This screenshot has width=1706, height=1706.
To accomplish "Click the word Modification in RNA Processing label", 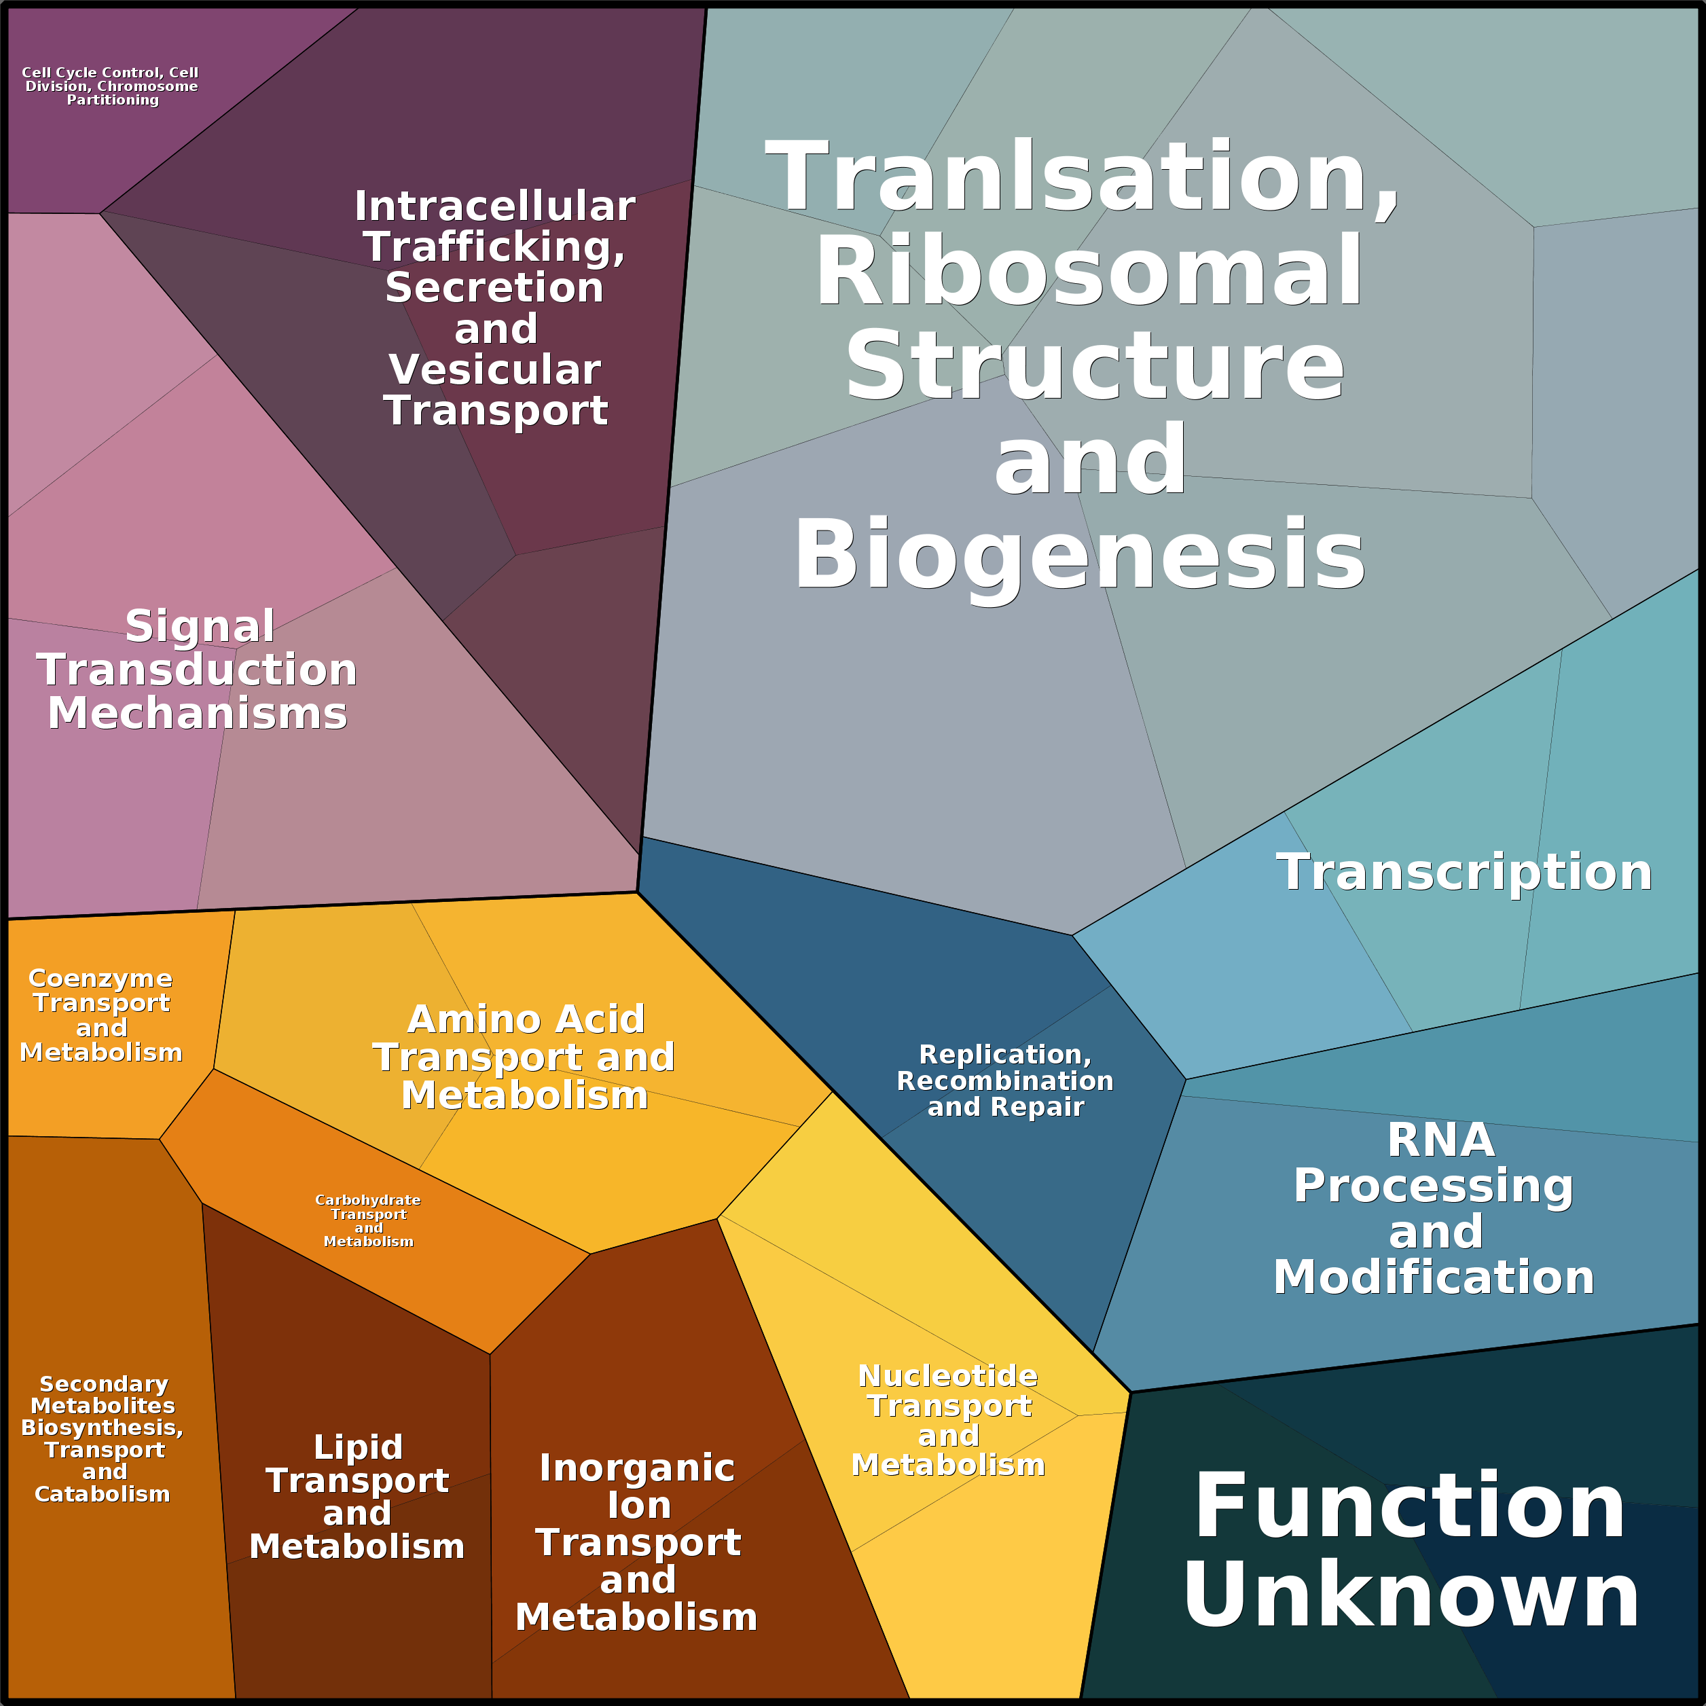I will point(1433,1277).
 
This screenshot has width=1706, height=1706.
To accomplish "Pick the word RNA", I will point(1441,1140).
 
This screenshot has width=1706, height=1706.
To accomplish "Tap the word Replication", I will point(1005,1054).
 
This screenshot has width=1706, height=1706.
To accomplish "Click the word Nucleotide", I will point(947,1376).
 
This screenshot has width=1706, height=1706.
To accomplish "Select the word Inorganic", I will point(636,1468).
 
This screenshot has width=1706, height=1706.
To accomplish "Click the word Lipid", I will point(358,1447).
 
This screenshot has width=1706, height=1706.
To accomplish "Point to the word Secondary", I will point(103,1383).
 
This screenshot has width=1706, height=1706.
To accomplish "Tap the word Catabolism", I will point(103,1494).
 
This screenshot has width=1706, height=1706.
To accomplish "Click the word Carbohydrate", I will point(367,1200).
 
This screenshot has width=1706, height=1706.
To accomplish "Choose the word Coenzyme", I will point(100,979).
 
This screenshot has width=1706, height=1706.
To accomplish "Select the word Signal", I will point(200,627).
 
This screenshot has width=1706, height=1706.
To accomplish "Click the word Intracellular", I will point(494,206).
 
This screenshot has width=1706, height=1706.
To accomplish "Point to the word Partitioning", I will point(113,100).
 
